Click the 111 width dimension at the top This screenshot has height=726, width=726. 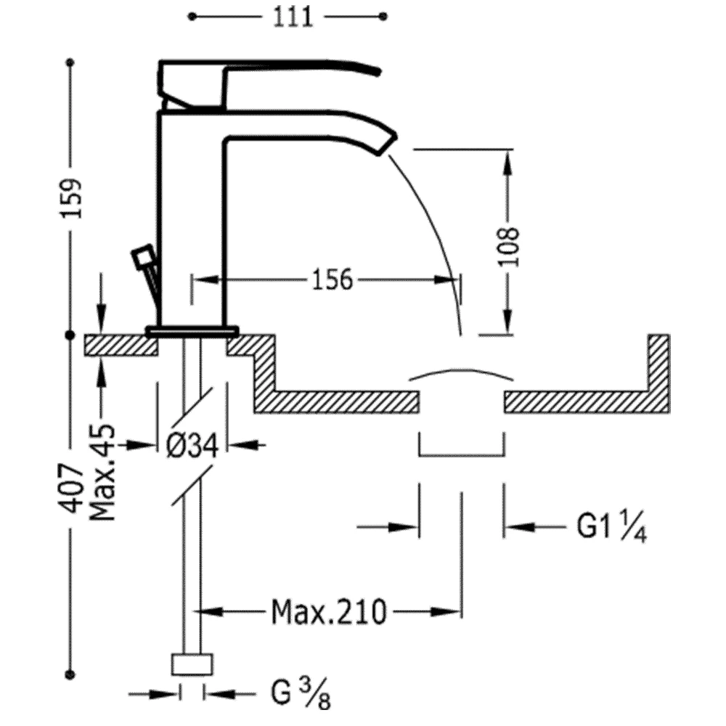(293, 17)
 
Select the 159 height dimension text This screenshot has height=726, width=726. (72, 197)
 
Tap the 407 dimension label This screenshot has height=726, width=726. (72, 488)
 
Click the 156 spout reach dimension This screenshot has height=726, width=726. (333, 280)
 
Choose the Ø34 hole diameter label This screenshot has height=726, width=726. (192, 446)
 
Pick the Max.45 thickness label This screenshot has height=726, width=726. (102, 473)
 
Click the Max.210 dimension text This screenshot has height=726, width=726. (328, 611)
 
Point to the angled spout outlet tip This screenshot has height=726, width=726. (388, 143)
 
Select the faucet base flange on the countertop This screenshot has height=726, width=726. (192, 330)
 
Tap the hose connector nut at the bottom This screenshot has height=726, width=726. (192, 664)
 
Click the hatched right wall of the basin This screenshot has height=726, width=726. (659, 372)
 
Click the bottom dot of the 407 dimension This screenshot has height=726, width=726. (70, 674)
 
